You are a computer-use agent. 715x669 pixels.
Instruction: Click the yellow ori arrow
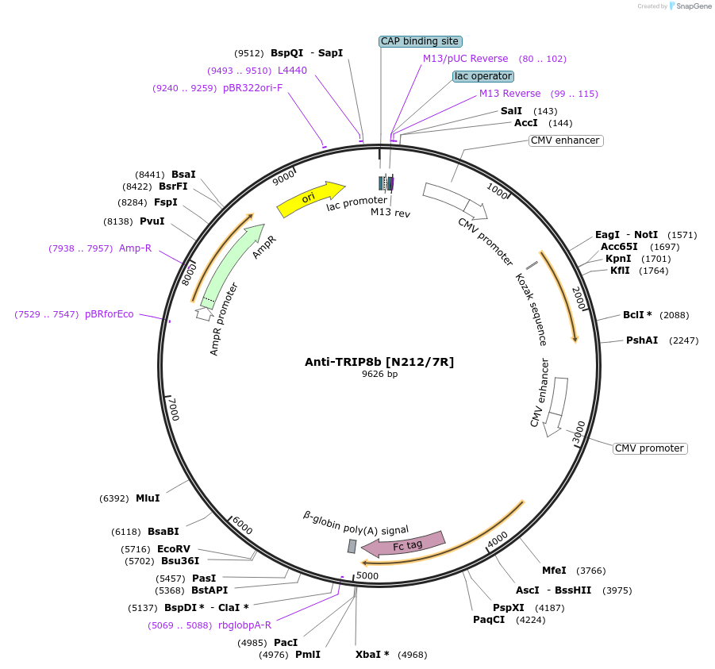310,198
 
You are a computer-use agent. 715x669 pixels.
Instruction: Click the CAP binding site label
421,41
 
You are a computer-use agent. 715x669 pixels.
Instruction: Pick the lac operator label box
483,76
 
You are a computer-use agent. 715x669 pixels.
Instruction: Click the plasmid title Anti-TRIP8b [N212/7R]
379,362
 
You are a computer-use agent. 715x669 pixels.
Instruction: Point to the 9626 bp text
379,374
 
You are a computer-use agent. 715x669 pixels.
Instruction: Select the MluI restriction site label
148,498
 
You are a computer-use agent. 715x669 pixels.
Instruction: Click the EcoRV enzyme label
174,549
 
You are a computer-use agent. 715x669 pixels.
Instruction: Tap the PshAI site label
642,340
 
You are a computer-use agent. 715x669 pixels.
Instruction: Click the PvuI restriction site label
152,221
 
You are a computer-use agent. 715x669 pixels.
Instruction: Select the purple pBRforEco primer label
110,314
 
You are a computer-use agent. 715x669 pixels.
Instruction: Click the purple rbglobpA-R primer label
244,625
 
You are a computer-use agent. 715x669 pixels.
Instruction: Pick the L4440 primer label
292,71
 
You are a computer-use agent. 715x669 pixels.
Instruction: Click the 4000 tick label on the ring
497,540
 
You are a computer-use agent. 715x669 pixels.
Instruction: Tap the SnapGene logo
688,6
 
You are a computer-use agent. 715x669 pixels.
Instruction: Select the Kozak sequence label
531,310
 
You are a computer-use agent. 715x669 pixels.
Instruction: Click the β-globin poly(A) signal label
356,523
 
